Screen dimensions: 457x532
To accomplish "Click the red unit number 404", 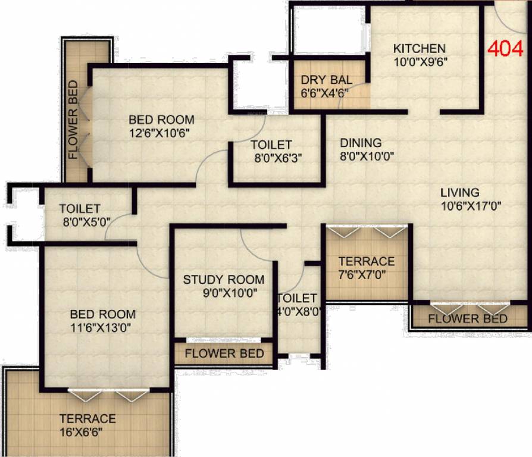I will coord(506,47).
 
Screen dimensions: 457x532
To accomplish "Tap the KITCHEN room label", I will coord(419,48).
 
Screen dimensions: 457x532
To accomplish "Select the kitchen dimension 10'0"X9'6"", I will coord(419,61).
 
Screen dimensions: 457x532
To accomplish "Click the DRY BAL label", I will coord(326,80).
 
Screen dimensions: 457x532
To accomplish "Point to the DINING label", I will coord(361,143).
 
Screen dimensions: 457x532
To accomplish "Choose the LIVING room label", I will coord(460,193).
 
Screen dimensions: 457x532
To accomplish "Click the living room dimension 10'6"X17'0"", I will coord(463,206).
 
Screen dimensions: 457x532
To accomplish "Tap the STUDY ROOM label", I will coord(223,280).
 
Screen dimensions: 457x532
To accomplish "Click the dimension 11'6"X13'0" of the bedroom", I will coord(102,327).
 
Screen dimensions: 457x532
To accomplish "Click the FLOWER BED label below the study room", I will coord(224,353).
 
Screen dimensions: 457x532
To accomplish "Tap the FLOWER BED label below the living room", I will coord(468,319).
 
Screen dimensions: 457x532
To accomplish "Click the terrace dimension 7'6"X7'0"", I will coord(366,275).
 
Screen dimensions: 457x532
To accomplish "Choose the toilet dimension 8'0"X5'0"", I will coord(80,222).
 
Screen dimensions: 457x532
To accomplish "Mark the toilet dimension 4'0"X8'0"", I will coord(299,311).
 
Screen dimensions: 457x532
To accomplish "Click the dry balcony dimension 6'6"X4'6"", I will coord(325,93).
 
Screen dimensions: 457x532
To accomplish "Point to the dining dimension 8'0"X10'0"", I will coord(367,156).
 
